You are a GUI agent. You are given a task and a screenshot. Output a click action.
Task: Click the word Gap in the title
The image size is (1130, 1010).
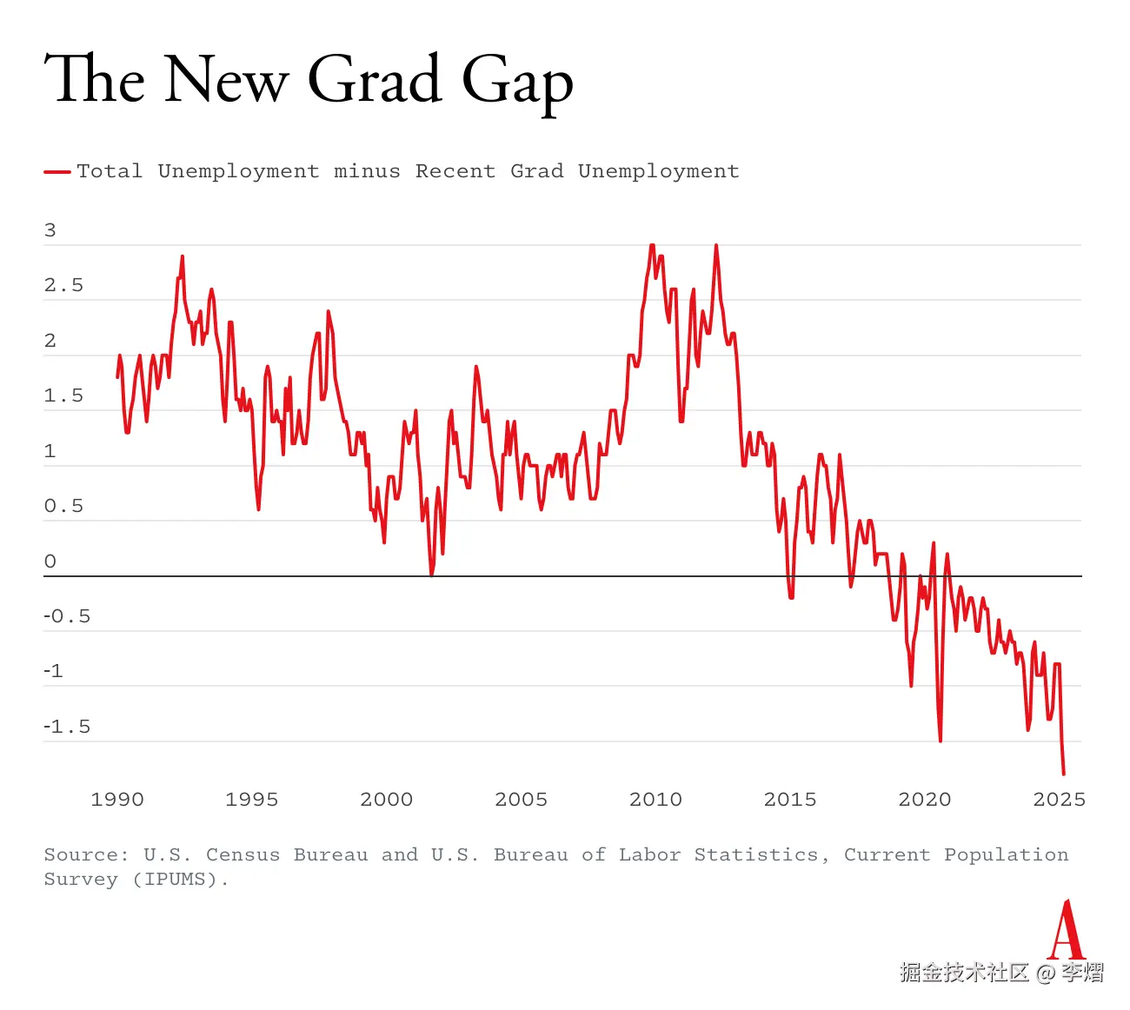pos(517,81)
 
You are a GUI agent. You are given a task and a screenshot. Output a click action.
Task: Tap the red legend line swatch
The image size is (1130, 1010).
pos(57,172)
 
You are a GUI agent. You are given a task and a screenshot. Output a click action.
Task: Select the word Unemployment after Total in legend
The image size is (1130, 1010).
pos(238,171)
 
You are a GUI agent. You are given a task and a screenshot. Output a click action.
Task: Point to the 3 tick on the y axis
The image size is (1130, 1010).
pos(50,230)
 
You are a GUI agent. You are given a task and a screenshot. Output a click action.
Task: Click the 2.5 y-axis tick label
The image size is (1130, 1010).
pos(63,286)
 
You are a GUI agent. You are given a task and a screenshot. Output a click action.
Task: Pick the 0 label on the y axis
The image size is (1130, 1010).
pos(50,561)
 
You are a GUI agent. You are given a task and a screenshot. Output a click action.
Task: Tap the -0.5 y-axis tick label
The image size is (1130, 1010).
pos(67,616)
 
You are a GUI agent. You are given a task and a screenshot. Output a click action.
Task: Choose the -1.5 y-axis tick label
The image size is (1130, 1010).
pos(67,727)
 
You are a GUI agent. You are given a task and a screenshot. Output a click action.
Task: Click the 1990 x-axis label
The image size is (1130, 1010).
pos(117,800)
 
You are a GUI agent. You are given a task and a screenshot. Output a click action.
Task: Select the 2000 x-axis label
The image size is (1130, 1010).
pos(387,800)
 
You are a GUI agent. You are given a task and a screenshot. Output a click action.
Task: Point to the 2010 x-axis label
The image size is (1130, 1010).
pos(655,800)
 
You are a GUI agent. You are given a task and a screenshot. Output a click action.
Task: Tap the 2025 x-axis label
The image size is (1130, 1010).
pos(1059,800)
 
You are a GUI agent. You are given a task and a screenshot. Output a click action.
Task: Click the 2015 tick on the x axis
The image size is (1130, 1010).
pos(790,800)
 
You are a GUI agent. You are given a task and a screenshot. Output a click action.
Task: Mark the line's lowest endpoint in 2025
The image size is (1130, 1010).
pos(1063,773)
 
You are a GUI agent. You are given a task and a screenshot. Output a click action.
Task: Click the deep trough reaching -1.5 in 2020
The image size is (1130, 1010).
pos(941,740)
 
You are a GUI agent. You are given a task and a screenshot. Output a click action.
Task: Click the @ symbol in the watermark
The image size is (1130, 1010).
pos(1045,973)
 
